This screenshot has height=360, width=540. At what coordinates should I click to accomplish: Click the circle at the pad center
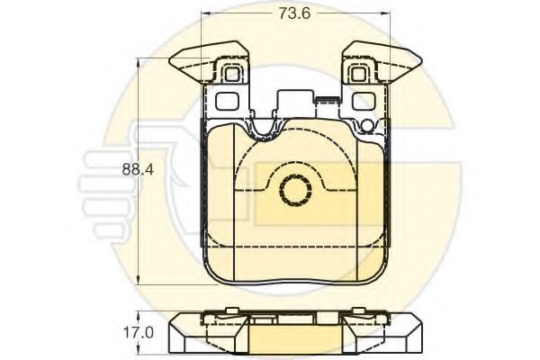292,190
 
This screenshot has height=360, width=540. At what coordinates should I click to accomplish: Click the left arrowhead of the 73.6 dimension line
206,14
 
